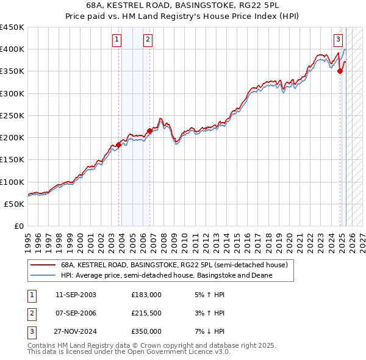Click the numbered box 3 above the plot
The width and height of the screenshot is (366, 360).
[x=338, y=41]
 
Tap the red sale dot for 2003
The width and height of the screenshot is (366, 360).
[x=119, y=145]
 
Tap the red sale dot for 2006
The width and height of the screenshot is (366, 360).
[x=150, y=130]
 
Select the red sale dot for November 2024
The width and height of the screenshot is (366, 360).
[x=340, y=71]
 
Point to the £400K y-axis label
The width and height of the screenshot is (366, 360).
[x=12, y=49]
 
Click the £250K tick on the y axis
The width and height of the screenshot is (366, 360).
[x=12, y=115]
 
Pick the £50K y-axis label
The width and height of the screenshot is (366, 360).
[x=14, y=204]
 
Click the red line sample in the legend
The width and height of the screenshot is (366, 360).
[x=42, y=265]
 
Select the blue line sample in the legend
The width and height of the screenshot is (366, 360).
[x=42, y=275]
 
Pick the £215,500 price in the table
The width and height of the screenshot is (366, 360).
[x=146, y=313]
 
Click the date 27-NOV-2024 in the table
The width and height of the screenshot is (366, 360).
[x=76, y=331]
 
